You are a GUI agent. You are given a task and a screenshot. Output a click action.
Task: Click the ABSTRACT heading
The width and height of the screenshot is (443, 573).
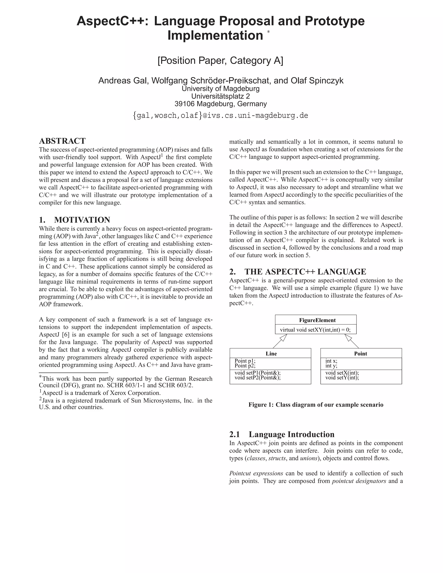(x=62, y=141)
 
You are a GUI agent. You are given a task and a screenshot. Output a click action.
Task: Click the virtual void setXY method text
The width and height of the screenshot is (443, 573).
(x=315, y=330)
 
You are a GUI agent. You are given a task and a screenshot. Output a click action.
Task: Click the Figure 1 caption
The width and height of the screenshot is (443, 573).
(x=316, y=405)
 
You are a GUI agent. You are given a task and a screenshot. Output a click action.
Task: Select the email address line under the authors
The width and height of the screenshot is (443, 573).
(x=220, y=115)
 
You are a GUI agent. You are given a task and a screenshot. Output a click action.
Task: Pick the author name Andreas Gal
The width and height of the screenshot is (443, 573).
(x=123, y=81)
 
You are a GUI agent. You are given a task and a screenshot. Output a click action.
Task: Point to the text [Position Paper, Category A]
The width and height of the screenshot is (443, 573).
(x=220, y=61)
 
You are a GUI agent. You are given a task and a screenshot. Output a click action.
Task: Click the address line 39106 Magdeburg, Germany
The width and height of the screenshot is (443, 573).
(x=220, y=104)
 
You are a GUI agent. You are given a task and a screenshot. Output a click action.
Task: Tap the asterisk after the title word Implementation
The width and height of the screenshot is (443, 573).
(x=268, y=32)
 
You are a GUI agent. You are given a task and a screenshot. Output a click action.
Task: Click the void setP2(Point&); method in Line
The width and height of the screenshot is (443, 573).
(x=257, y=378)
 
